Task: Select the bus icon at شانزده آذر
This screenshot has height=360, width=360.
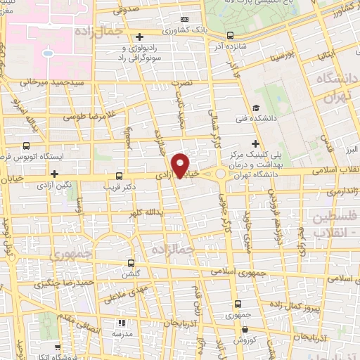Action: tap(230, 35)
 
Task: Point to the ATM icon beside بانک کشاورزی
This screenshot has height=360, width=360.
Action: tap(185, 19)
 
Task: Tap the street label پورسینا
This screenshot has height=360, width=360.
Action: tap(276, 54)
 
